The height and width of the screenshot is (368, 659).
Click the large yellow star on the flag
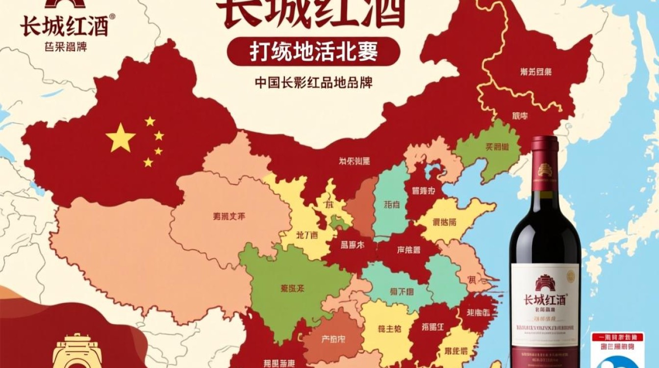[x=120, y=138]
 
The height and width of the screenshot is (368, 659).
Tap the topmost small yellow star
[x=150, y=121]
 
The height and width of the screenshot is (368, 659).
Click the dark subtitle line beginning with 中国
[x=314, y=81]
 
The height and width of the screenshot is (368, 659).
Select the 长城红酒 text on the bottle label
[x=545, y=299]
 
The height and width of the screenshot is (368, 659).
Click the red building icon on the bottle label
[x=545, y=283]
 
